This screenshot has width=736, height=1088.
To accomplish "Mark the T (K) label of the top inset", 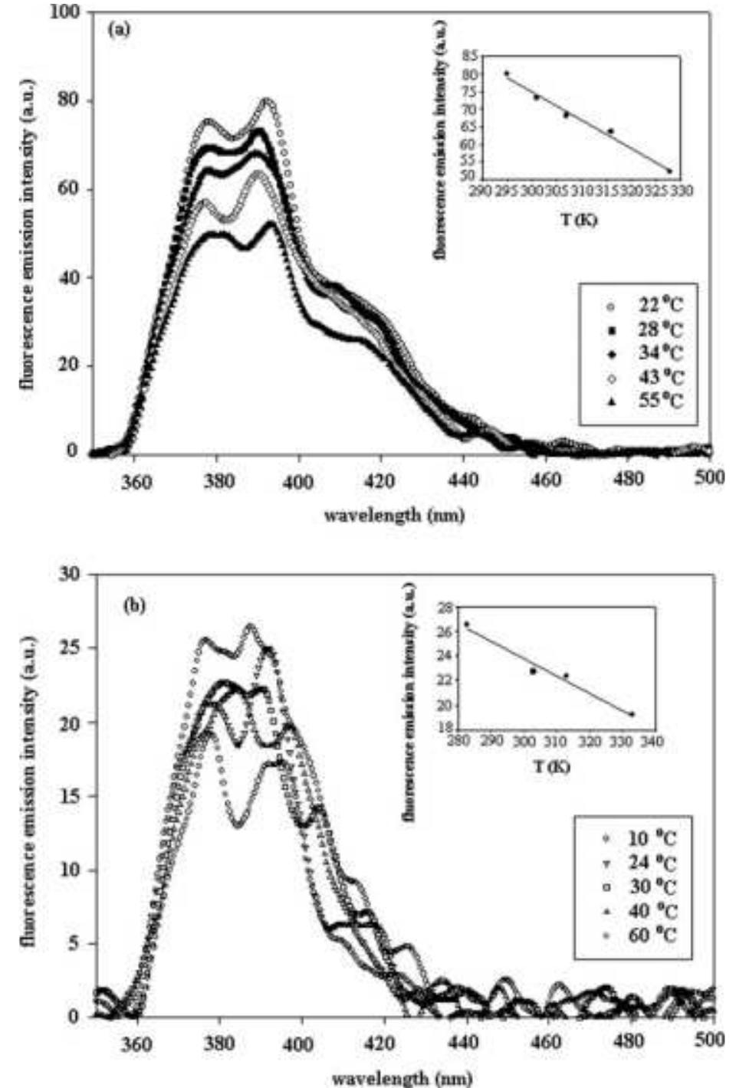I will click(x=579, y=219).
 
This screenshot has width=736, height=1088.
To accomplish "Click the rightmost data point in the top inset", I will click(x=669, y=171).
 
